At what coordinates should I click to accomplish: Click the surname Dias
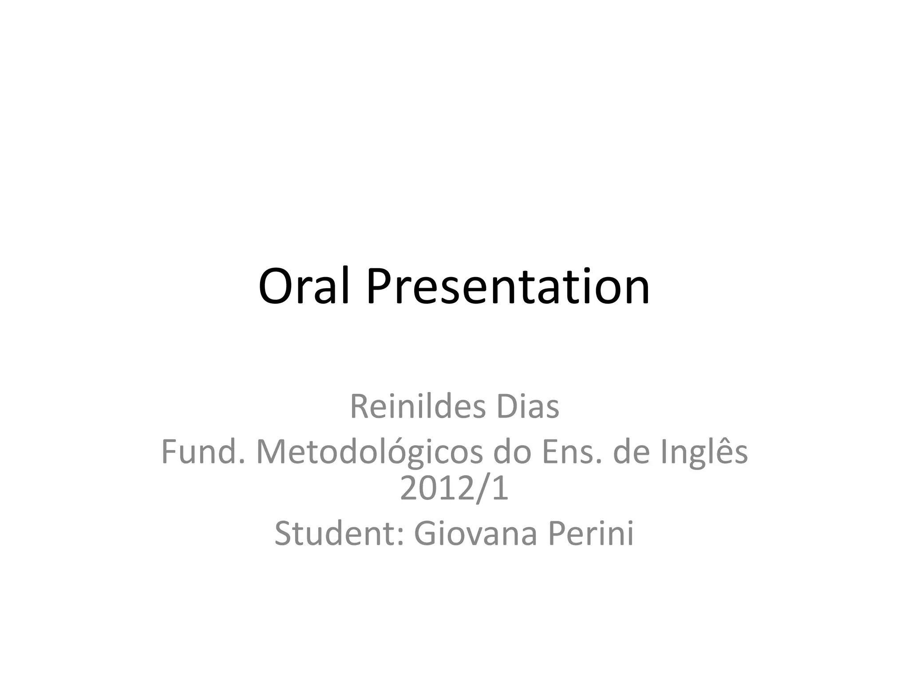[x=527, y=407]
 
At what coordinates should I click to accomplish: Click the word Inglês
[x=704, y=452]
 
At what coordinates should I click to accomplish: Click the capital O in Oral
[x=276, y=286]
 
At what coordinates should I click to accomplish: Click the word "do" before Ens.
[x=512, y=452]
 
